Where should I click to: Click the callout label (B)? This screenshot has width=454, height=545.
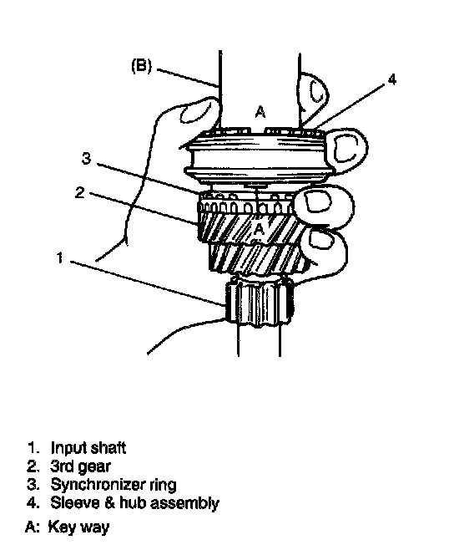(x=142, y=66)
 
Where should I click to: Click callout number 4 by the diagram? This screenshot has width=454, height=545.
(x=392, y=79)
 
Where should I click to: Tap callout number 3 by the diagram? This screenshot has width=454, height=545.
(x=86, y=158)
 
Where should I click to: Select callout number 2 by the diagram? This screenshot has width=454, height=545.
(x=80, y=192)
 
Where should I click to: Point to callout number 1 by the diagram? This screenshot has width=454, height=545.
(x=60, y=258)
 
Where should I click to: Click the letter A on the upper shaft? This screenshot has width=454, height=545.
(x=260, y=112)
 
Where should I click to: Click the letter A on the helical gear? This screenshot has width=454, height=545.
(x=260, y=228)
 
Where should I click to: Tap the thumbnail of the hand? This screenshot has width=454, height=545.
(x=195, y=111)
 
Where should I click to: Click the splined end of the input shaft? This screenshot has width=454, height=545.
(x=259, y=299)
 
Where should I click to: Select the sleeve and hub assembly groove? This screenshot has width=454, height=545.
(x=257, y=160)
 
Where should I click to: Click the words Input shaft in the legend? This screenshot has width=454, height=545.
(x=88, y=448)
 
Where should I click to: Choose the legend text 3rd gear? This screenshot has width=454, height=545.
(x=80, y=466)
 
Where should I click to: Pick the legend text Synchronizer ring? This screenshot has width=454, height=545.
(x=113, y=484)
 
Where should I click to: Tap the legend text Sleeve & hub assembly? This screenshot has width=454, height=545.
(x=135, y=502)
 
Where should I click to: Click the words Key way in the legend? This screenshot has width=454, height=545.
(x=78, y=527)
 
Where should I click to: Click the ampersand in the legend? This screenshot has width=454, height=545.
(x=109, y=502)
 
